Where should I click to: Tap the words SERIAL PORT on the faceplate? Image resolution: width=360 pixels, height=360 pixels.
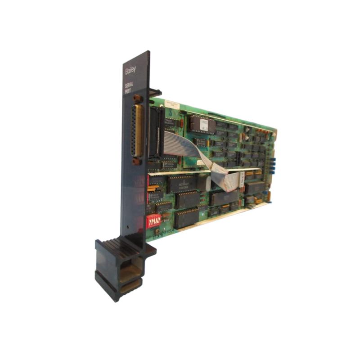click(129, 86)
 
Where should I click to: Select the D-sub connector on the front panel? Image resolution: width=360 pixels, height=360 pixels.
click(136, 131)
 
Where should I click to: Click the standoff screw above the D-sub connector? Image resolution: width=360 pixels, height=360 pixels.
click(136, 98)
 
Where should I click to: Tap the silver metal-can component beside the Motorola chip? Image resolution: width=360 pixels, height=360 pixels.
click(204, 182)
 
